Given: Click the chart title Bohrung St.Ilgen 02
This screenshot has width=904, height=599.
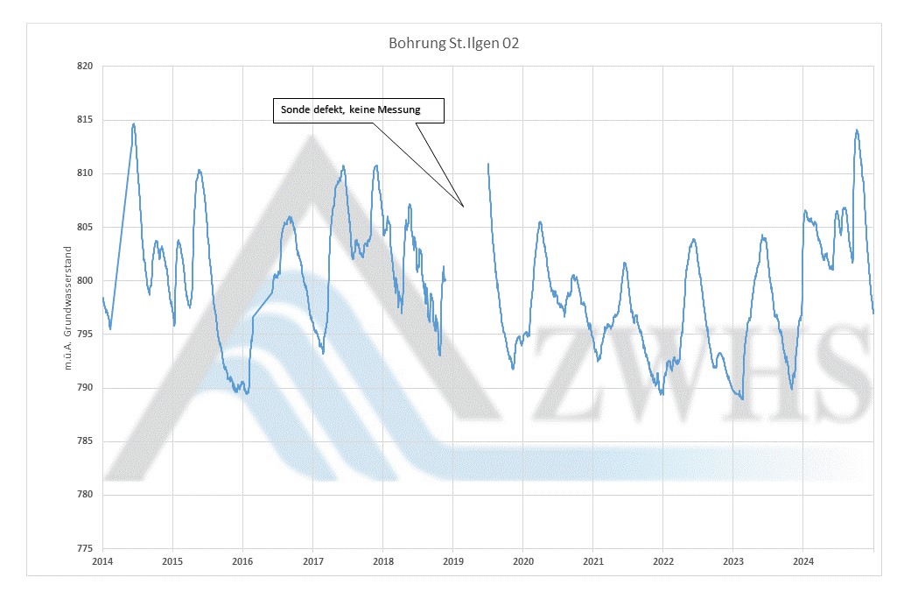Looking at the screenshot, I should (x=453, y=42).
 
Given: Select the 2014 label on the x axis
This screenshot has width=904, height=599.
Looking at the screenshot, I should (x=102, y=560).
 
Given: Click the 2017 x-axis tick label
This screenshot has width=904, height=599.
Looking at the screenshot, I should (x=312, y=560).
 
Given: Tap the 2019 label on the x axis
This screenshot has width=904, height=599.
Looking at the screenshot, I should (x=452, y=560).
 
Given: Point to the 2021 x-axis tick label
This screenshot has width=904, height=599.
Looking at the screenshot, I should (x=593, y=560).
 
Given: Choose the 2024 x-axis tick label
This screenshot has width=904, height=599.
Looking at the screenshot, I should (x=803, y=560).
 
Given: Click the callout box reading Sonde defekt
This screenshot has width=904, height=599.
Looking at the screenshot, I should (x=359, y=110).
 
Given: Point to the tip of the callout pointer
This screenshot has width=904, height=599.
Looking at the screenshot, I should (x=464, y=207).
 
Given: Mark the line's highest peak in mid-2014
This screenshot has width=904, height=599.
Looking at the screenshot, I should (x=133, y=123).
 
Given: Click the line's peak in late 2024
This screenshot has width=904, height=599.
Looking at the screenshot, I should (x=856, y=130).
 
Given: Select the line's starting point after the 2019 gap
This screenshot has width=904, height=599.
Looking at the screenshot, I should (x=487, y=163).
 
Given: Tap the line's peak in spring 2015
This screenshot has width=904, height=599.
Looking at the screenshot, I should (x=200, y=170).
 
